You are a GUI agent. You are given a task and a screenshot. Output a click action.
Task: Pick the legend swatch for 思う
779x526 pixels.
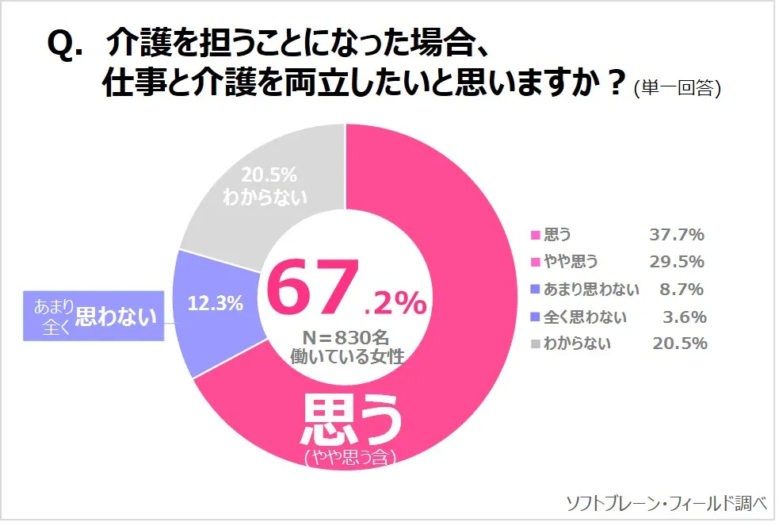coord(535,235)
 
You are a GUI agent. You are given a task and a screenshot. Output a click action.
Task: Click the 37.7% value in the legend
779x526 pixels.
coord(677,235)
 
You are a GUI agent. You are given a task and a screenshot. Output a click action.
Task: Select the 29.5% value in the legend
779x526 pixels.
coord(677,262)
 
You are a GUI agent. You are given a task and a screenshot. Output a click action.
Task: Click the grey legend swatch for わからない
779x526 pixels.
coord(535,344)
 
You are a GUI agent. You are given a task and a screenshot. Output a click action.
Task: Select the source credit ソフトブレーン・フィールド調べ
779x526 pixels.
coord(666,503)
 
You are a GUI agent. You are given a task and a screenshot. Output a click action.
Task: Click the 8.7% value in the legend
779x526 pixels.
coord(682,290)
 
